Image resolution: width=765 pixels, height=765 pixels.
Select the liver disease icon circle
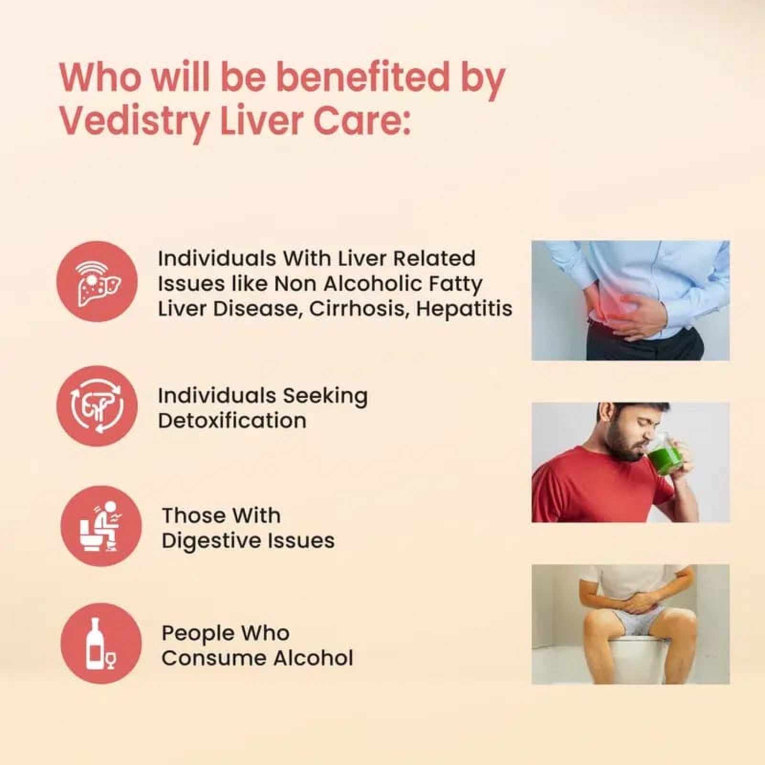point(97,282)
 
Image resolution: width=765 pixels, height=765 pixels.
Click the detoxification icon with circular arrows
point(97,406)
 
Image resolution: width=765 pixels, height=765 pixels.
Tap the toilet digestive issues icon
point(101,526)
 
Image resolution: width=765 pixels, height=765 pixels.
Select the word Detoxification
point(232,421)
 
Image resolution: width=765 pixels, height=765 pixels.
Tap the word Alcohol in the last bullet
point(313,658)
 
